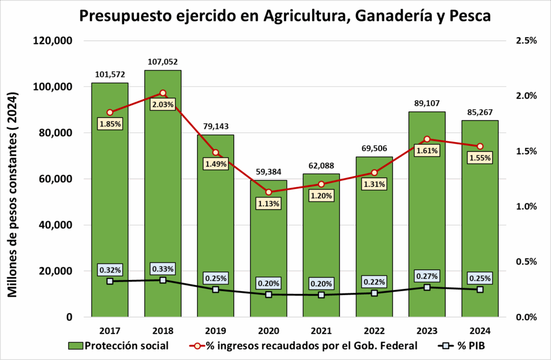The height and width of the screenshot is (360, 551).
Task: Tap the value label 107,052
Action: coord(163,62)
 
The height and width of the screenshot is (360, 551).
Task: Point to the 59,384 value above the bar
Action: coord(268,172)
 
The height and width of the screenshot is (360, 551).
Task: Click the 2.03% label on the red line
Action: coord(163,104)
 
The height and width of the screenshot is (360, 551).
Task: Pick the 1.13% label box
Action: coord(268,203)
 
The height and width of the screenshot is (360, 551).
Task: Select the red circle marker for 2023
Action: coord(427,139)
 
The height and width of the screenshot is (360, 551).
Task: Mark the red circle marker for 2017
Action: coord(110,112)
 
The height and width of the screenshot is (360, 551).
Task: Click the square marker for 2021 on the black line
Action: coord(321,295)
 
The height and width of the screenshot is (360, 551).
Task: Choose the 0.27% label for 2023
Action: coord(427,276)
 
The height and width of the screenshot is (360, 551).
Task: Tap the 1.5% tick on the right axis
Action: coord(525,151)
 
